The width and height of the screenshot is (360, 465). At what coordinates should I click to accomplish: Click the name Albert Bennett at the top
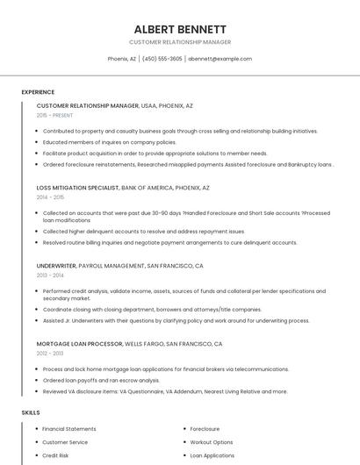pyautogui.click(x=180, y=29)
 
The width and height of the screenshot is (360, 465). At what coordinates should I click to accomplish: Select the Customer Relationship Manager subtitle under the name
pyautogui.click(x=180, y=42)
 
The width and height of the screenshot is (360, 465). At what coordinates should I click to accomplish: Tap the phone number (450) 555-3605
pyautogui.click(x=162, y=59)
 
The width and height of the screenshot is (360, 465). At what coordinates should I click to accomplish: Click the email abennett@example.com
pyautogui.click(x=220, y=59)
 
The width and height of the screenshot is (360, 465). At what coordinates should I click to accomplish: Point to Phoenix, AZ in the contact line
pyautogui.click(x=122, y=59)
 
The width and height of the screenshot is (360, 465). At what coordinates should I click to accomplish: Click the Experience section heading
pyautogui.click(x=38, y=92)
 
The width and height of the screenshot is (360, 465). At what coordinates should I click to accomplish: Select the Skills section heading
pyautogui.click(x=31, y=412)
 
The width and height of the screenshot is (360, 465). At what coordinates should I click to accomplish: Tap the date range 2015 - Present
pyautogui.click(x=55, y=115)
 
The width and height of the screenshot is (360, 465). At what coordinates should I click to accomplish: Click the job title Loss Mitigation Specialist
pyautogui.click(x=77, y=188)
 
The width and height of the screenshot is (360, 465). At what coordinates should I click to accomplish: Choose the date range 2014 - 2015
pyautogui.click(x=50, y=197)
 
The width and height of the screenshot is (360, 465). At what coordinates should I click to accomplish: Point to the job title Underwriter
pyautogui.click(x=56, y=265)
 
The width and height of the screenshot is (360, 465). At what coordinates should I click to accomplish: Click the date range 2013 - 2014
pyautogui.click(x=50, y=275)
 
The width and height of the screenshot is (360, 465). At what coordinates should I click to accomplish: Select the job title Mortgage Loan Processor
pyautogui.click(x=80, y=344)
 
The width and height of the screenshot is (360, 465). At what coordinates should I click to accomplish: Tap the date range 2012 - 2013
pyautogui.click(x=50, y=354)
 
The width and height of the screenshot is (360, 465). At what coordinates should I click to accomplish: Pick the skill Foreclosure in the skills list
pyautogui.click(x=205, y=429)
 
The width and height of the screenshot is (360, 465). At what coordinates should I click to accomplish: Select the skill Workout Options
pyautogui.click(x=212, y=442)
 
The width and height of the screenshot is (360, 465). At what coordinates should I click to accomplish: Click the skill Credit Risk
pyautogui.click(x=55, y=455)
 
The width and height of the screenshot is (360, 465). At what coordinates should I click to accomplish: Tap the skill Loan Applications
pyautogui.click(x=212, y=455)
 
